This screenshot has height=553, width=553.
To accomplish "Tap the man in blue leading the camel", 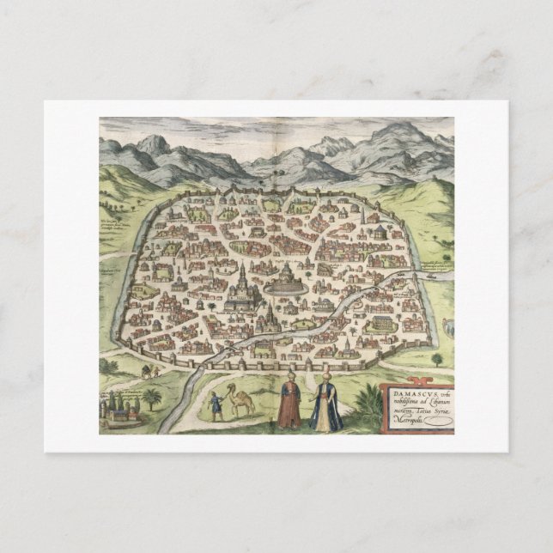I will point(216,406).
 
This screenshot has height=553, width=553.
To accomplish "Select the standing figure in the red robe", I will point(290,404).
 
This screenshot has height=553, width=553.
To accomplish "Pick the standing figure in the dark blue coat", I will point(326,405).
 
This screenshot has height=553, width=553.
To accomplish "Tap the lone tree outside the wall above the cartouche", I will point(437,359).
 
